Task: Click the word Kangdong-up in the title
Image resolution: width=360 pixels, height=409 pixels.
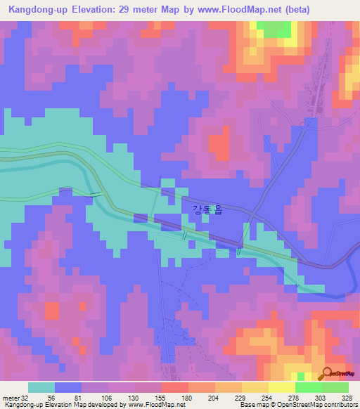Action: [x=34, y=11]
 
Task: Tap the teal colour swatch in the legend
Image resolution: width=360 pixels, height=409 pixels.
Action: [x=41, y=387]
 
